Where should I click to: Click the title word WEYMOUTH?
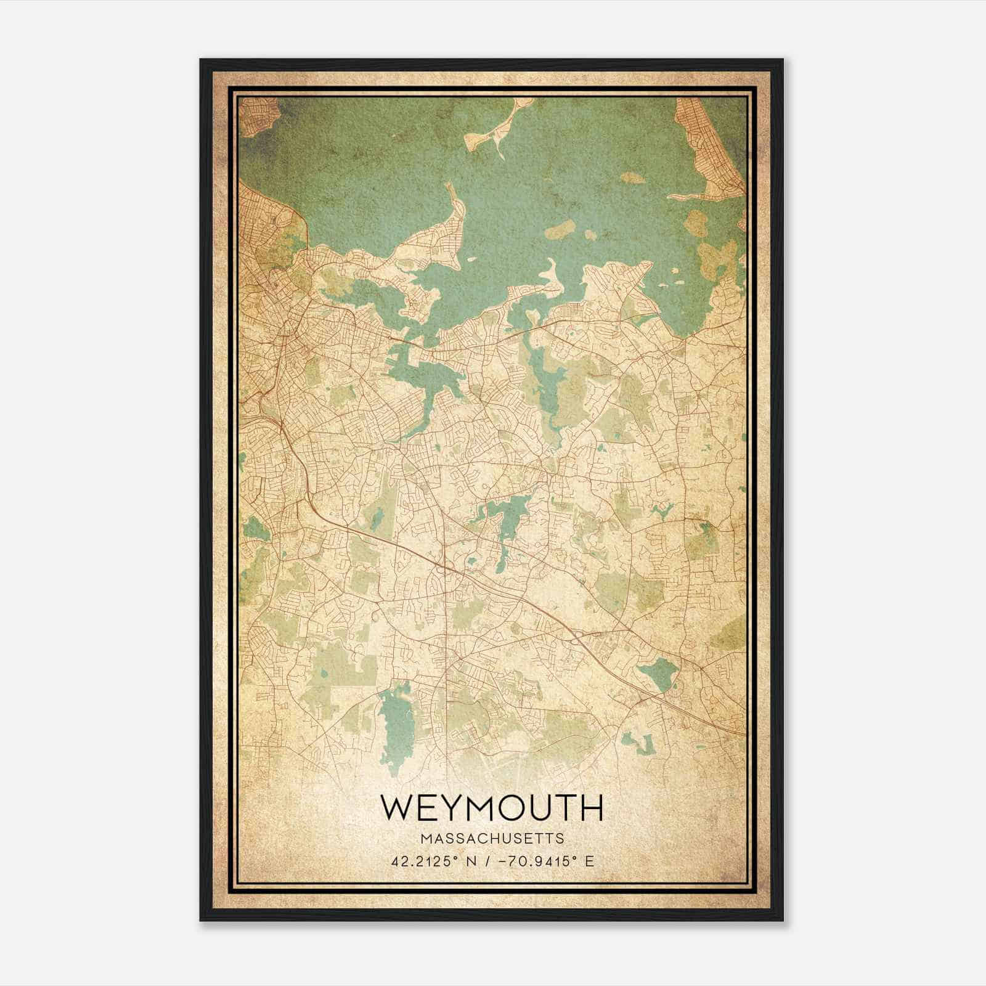click(492, 808)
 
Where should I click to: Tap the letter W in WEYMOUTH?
click(398, 808)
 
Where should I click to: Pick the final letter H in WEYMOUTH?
click(590, 808)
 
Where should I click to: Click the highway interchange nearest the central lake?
click(450, 564)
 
